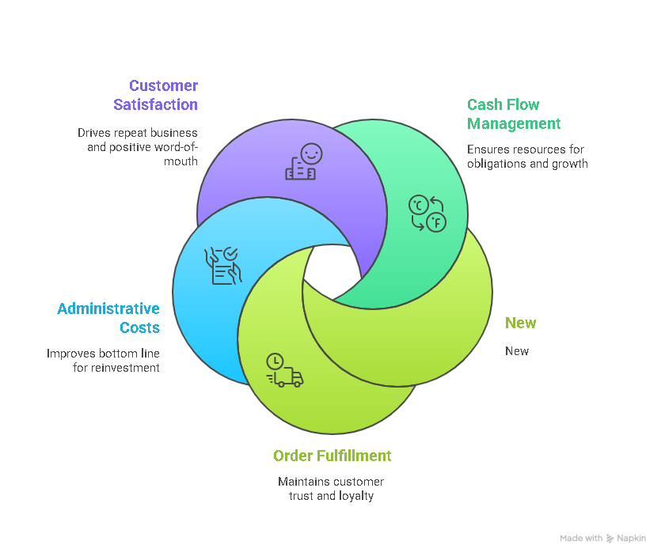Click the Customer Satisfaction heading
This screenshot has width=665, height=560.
(156, 95)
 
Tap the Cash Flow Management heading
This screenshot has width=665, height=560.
(514, 114)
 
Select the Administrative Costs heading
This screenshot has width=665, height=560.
(108, 318)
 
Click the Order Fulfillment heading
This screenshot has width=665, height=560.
(332, 456)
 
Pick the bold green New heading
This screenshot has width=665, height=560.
(520, 323)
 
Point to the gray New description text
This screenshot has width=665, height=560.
(517, 351)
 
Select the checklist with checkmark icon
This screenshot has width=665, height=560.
(222, 265)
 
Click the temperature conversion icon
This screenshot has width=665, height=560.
(427, 213)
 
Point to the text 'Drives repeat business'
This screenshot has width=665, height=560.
(138, 133)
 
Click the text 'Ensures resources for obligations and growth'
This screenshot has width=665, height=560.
(527, 157)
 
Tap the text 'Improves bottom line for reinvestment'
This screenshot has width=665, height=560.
(103, 361)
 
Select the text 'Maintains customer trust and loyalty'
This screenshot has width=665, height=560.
(331, 489)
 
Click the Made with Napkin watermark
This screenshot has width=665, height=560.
(602, 538)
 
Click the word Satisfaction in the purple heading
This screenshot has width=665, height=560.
(156, 104)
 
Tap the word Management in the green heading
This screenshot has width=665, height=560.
(514, 123)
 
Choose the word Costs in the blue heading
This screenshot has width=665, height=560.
(140, 327)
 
